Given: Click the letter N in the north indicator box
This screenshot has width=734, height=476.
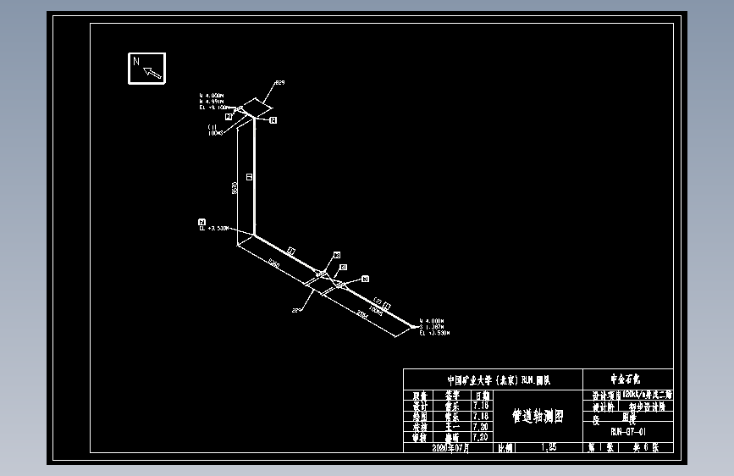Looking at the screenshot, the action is click(136, 62).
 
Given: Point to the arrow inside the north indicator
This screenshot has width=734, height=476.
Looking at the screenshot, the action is click(152, 73).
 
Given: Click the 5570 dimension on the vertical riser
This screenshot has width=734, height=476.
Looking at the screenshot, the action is click(234, 188).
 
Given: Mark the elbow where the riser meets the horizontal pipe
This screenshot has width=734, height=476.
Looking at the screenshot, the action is click(254, 234).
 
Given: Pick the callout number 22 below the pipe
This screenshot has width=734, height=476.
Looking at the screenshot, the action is click(296, 311).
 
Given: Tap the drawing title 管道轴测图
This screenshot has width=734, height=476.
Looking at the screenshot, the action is click(537, 416).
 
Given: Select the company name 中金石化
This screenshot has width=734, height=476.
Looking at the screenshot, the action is click(627, 379).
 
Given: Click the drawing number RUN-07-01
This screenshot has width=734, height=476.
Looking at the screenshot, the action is click(627, 431).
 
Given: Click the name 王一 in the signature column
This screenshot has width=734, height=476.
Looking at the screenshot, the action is click(451, 426).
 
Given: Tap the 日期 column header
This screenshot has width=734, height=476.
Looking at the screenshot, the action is click(480, 396).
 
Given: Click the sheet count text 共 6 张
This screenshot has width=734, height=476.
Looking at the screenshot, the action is click(655, 446).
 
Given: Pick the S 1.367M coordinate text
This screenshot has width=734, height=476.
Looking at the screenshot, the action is click(433, 328).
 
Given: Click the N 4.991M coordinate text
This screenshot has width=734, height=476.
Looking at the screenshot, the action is click(212, 102).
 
